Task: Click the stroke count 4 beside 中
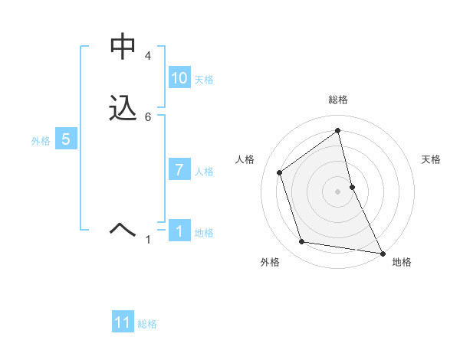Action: click(x=148, y=57)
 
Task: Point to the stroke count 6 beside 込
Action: click(x=148, y=117)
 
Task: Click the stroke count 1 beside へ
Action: click(x=149, y=241)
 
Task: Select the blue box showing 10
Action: click(x=179, y=78)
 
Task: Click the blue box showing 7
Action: click(x=179, y=170)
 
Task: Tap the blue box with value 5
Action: click(x=66, y=140)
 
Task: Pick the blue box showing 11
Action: click(x=123, y=323)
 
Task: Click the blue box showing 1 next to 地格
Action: click(x=179, y=231)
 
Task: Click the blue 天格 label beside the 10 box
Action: click(x=204, y=80)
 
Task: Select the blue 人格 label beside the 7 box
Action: click(x=204, y=172)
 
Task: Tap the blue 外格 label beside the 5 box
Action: click(x=41, y=141)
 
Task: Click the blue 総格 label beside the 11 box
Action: click(x=147, y=325)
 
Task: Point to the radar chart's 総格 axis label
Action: click(x=338, y=100)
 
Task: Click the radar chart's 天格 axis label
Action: click(x=431, y=159)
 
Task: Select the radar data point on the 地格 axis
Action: click(x=381, y=253)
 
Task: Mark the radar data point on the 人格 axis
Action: click(x=280, y=172)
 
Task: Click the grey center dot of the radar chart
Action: click(x=338, y=191)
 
